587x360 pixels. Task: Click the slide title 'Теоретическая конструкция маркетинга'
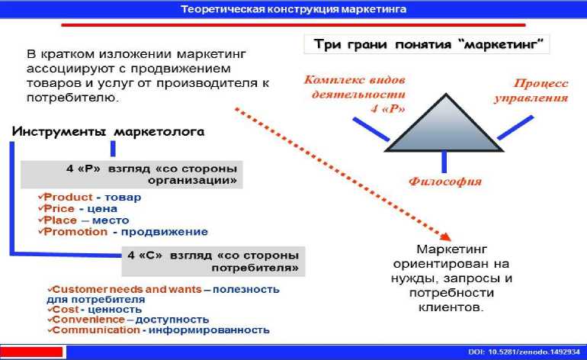[x=293, y=10]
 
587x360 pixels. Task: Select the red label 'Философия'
[x=445, y=182]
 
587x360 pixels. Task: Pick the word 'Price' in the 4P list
[x=62, y=208]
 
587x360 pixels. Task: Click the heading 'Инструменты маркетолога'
[x=107, y=131]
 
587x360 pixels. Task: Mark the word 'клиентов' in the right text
[x=451, y=307]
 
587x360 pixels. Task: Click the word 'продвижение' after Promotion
[x=172, y=232]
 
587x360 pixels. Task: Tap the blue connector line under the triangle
[x=444, y=161]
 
